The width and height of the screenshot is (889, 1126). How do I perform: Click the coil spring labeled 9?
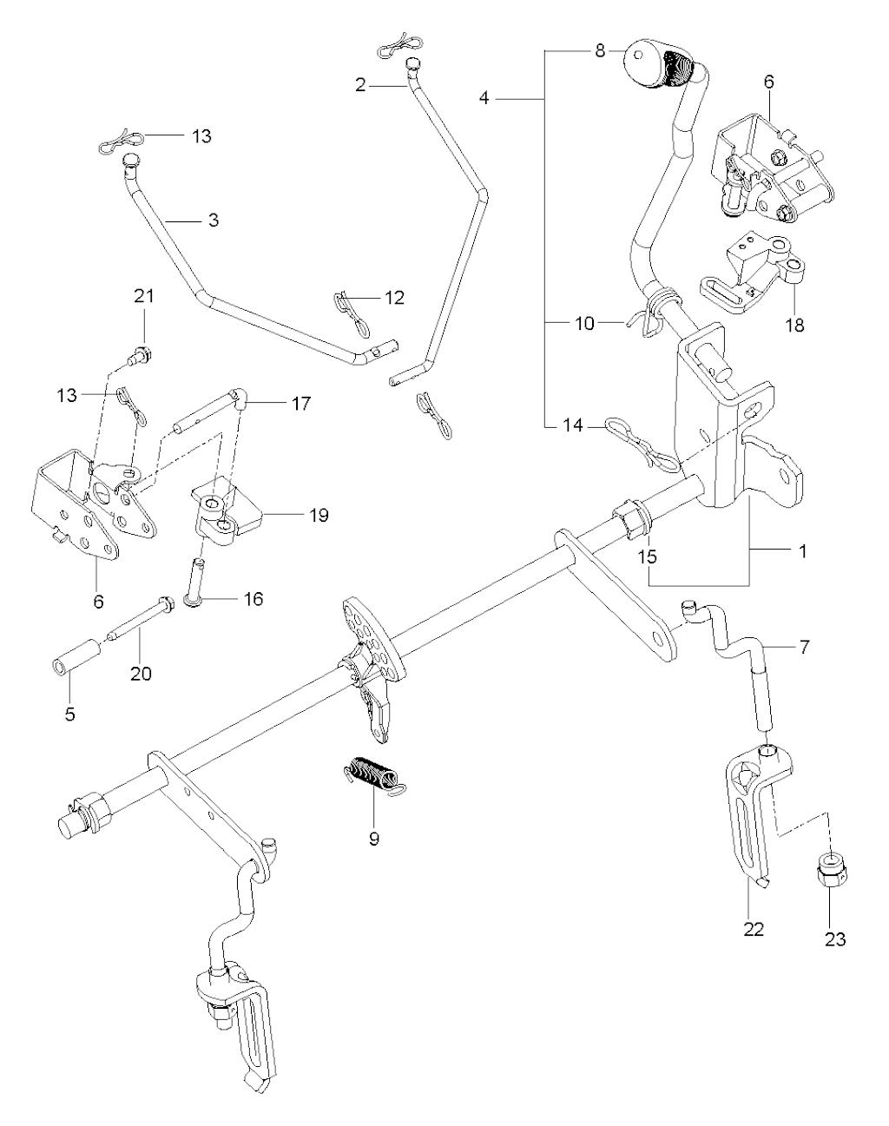point(372,774)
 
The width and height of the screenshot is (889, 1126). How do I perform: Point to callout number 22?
point(754,929)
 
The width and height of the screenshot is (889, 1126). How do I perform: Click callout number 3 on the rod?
point(214,221)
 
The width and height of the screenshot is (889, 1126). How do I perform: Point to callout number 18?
point(794,326)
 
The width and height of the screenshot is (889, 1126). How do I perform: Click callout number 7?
point(805,648)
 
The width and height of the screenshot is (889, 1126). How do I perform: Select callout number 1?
point(803,551)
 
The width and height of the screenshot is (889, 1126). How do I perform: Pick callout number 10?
point(585,323)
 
